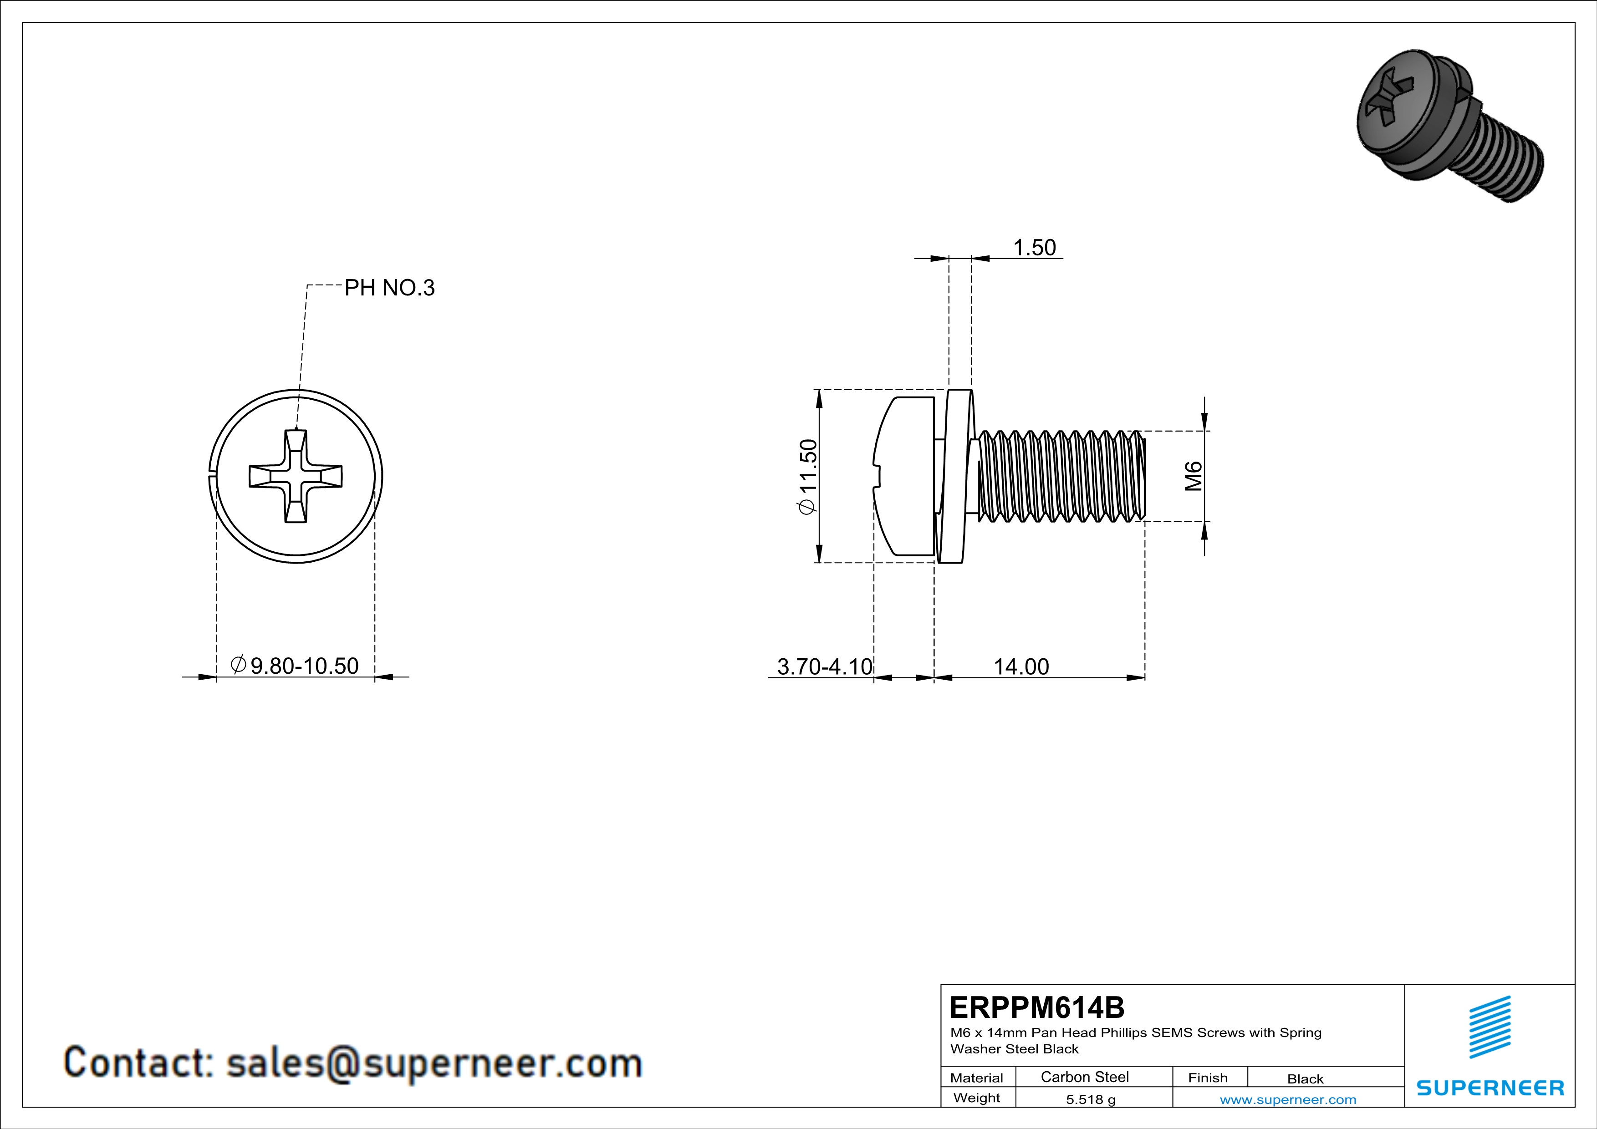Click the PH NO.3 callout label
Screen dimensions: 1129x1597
389,287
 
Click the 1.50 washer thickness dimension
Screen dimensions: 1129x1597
1034,248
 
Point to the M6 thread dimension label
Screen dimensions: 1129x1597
1194,476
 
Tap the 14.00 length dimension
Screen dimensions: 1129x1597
1020,666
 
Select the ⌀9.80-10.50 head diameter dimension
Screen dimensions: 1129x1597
295,666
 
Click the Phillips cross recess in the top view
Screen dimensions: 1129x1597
296,476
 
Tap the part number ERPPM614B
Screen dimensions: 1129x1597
1037,1007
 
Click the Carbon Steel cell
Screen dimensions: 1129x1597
1084,1077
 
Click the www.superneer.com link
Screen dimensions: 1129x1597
1287,1099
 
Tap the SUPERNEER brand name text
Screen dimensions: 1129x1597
1490,1087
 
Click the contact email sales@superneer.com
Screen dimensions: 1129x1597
352,1063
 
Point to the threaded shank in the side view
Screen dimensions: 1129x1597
1061,476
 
